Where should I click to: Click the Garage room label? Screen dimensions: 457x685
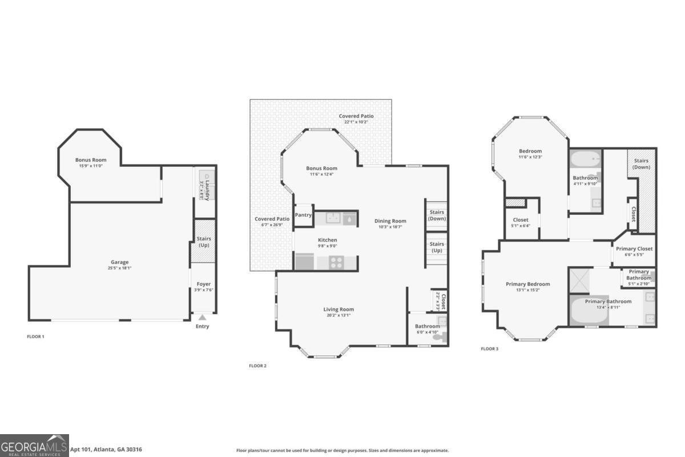click(118, 262)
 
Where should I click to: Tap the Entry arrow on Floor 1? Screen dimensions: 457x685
click(202, 318)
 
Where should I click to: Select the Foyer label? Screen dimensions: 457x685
click(203, 284)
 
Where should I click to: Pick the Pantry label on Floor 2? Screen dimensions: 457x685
click(303, 215)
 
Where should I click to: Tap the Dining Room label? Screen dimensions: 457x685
click(390, 221)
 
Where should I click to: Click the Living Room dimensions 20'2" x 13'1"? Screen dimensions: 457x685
click(339, 315)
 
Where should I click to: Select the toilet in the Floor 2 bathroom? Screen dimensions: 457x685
click(439, 337)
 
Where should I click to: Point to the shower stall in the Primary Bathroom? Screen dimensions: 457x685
click(582, 280)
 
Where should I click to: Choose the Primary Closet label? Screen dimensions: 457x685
click(634, 249)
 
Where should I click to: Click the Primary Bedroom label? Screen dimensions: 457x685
click(527, 284)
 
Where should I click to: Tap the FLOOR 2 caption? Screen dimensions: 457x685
click(257, 366)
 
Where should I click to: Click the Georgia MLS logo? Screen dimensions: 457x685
click(34, 445)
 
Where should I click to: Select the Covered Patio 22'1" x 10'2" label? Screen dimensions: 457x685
click(356, 116)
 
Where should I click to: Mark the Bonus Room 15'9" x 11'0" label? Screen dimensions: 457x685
click(91, 160)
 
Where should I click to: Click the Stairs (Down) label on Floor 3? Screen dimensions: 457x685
click(641, 164)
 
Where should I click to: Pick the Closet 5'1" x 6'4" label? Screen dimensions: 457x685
click(520, 220)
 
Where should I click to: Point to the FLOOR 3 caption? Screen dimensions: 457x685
click(489, 348)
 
